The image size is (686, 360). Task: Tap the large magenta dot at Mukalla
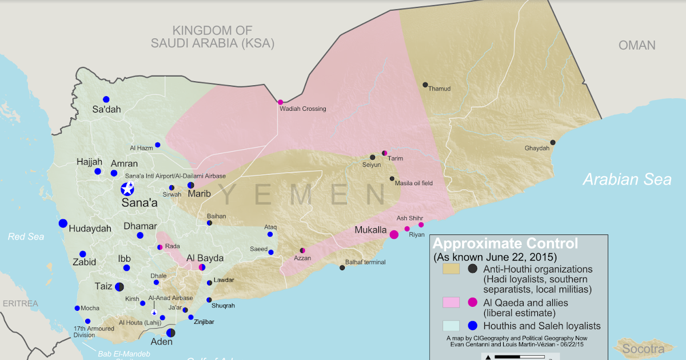click(x=394, y=234)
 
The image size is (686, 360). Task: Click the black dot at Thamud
click(x=425, y=85)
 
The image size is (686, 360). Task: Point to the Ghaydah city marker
click(x=553, y=142)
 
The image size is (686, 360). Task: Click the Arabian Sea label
click(x=627, y=179)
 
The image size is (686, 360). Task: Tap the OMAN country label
click(x=637, y=46)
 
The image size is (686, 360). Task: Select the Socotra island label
click(x=644, y=349)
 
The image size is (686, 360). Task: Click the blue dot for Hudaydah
click(x=63, y=223)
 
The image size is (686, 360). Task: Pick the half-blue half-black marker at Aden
click(x=170, y=333)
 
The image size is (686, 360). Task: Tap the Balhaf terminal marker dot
click(x=342, y=267)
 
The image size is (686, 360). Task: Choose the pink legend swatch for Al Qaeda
click(x=452, y=302)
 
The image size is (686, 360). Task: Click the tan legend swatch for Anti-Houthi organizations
click(x=452, y=269)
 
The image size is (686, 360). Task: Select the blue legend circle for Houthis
click(x=473, y=326)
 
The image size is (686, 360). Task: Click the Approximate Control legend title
click(x=505, y=243)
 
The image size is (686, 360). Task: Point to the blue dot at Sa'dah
click(x=106, y=99)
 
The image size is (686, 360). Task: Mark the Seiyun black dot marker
click(x=372, y=157)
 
